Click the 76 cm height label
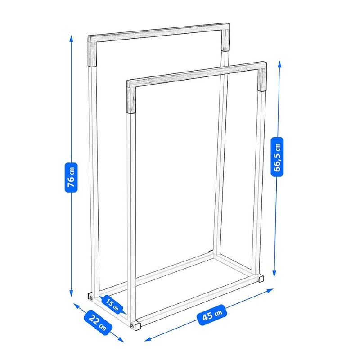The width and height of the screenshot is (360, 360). [x=72, y=176]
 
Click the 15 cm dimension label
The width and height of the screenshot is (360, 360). [x=112, y=304]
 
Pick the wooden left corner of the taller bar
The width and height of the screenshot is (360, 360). [x=92, y=52]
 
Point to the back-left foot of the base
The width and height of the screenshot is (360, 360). [x=90, y=297]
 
